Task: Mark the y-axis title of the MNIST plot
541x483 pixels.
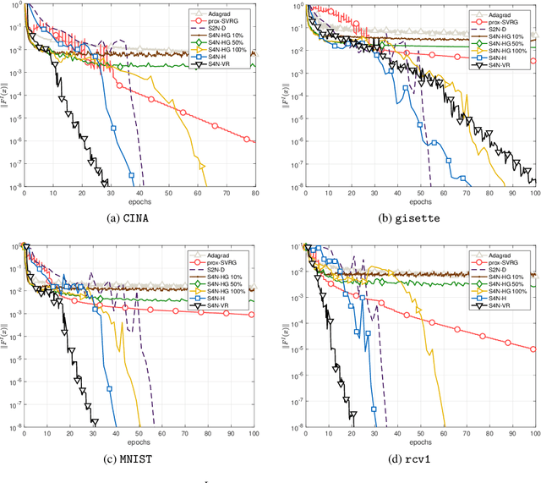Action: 6,338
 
